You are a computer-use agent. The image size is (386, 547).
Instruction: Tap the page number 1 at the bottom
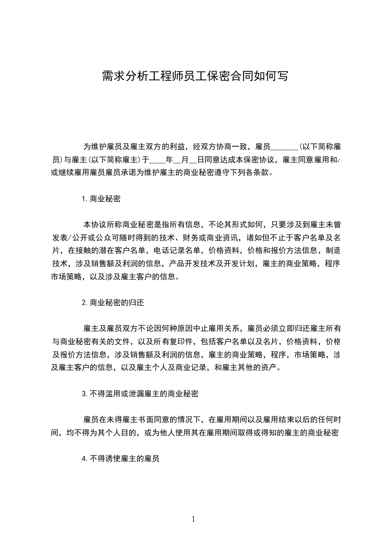(193, 519)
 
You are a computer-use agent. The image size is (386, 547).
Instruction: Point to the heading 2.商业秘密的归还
(113, 302)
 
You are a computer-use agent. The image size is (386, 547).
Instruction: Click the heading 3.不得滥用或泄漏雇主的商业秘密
(140, 393)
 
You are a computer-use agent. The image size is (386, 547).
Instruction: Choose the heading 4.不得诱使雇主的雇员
(121, 458)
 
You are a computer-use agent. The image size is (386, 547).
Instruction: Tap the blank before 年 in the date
(158, 159)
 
